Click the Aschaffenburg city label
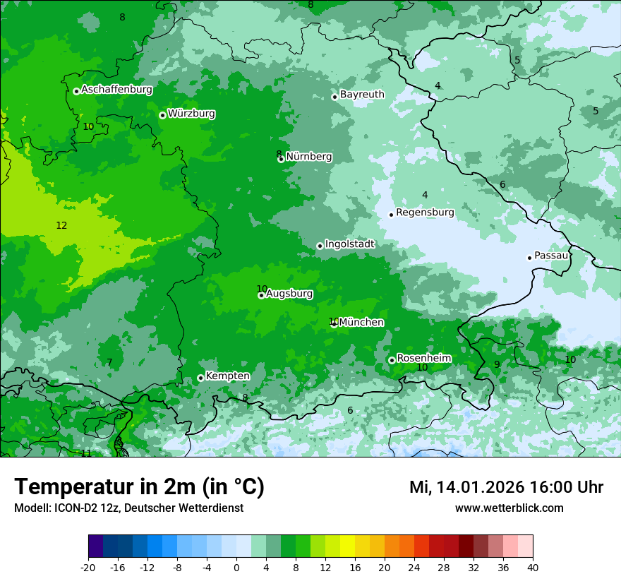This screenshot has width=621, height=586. (116, 90)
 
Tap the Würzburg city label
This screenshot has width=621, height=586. (191, 114)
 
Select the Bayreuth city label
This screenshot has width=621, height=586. (362, 95)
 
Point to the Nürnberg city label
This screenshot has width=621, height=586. (309, 157)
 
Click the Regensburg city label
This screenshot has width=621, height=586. (425, 213)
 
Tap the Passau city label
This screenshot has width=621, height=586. (551, 256)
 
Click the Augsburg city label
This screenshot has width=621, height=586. (289, 294)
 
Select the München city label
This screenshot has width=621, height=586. (361, 323)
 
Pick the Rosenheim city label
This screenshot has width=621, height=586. (423, 359)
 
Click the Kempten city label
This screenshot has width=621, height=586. (227, 376)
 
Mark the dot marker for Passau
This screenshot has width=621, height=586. (529, 258)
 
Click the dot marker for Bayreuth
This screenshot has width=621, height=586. (334, 97)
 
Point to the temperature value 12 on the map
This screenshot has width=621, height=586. (61, 225)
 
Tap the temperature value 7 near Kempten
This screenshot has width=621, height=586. (109, 362)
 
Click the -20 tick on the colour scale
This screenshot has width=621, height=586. (88, 567)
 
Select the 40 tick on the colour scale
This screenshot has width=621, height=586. (533, 567)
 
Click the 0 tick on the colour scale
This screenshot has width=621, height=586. (236, 567)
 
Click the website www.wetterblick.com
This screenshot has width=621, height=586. (509, 508)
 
